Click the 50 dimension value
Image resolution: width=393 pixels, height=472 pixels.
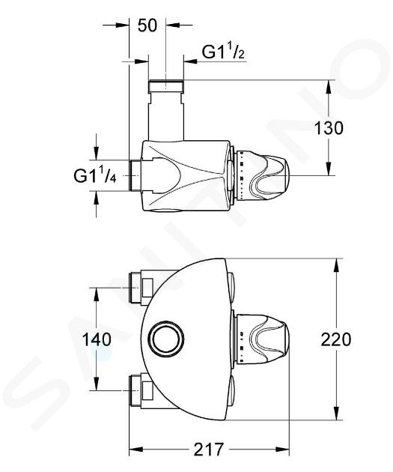pyautogui.click(x=147, y=25)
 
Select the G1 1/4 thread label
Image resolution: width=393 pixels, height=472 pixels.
pyautogui.click(x=95, y=175)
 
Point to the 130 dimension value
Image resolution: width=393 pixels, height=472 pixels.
pyautogui.click(x=329, y=128)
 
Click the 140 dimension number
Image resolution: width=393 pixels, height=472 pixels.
pyautogui.click(x=97, y=340)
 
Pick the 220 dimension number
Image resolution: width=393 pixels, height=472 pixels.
pyautogui.click(x=336, y=339)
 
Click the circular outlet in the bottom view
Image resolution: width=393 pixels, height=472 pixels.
pyautogui.click(x=167, y=339)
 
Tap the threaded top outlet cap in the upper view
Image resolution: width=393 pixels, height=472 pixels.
pyautogui.click(x=166, y=86)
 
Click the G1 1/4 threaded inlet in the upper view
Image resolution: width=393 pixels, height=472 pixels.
pyautogui.click(x=135, y=175)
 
